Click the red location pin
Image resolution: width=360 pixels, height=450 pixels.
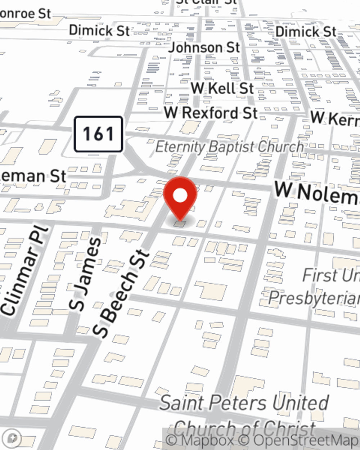point(180,198)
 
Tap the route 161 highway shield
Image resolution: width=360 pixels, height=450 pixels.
point(98,134)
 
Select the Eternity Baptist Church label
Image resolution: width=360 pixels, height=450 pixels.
point(230,147)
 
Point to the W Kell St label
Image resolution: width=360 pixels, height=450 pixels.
point(222,88)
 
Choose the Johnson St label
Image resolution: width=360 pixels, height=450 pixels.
point(204,47)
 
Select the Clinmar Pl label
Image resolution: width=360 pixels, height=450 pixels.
point(24,272)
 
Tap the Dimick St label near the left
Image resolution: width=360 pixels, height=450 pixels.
point(99,30)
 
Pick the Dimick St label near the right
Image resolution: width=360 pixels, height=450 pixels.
point(306,32)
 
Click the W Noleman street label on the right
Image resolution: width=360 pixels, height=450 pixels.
point(317,193)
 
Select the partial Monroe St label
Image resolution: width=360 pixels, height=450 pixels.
point(25,14)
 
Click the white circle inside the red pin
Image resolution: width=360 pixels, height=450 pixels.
point(180,196)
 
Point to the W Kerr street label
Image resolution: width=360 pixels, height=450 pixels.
point(335,118)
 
